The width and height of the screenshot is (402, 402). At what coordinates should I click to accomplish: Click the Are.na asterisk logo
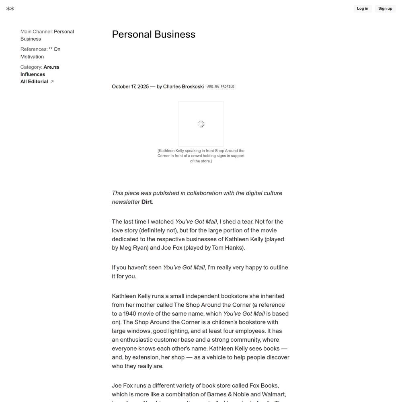10,8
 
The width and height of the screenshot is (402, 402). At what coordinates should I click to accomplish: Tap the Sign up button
385,8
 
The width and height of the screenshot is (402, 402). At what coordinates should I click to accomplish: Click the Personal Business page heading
154,35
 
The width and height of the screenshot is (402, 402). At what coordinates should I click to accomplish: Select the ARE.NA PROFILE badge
221,86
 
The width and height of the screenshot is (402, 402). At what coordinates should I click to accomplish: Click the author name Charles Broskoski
183,86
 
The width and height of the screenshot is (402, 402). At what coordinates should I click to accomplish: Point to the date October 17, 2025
130,86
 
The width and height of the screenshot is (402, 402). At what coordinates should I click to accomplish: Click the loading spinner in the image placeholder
201,124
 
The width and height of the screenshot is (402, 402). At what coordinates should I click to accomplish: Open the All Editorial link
34,82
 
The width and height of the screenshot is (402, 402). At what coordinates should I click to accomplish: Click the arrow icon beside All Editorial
52,82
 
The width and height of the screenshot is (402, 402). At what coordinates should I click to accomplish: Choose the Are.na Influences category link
40,71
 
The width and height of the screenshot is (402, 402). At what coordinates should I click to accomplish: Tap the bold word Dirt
146,202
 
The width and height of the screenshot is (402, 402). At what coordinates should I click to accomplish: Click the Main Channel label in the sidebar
37,32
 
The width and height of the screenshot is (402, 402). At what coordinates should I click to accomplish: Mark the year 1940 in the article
129,314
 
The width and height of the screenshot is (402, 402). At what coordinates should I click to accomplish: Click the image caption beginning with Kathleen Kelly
201,156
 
